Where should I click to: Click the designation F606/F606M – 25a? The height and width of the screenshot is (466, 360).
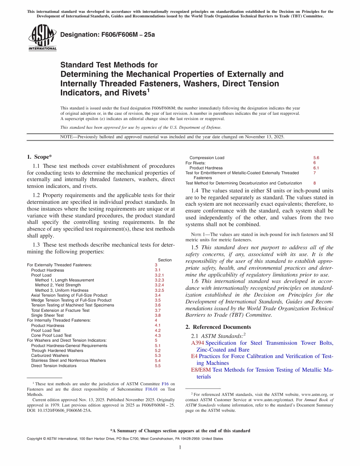(x=108, y=34)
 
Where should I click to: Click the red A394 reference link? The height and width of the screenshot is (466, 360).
(x=197, y=343)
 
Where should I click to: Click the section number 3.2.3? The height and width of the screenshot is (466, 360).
(x=159, y=280)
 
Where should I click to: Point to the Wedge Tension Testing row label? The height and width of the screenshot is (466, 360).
(x=71, y=300)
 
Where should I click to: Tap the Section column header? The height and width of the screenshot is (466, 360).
(x=164, y=260)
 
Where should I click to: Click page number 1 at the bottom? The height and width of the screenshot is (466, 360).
(x=180, y=447)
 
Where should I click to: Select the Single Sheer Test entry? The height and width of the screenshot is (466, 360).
(x=47, y=315)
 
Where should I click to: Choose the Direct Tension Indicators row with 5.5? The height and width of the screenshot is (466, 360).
(x=54, y=366)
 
